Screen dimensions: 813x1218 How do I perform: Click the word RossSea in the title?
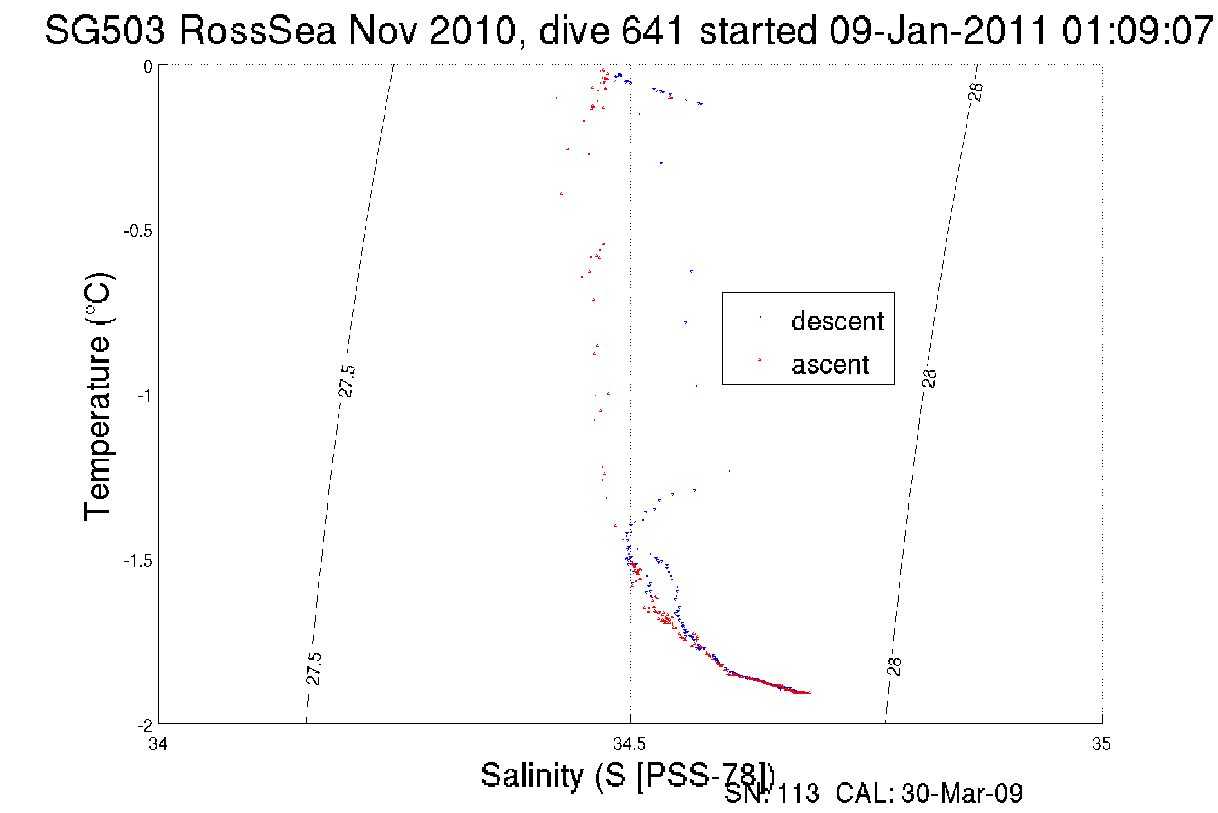[257, 30]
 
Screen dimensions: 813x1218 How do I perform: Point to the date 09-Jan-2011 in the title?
[938, 30]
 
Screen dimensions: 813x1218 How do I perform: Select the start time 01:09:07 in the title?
[1137, 30]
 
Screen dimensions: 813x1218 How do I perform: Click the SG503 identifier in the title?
[105, 30]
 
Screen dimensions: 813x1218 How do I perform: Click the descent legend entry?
[837, 321]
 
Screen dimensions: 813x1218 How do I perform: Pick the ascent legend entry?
[830, 365]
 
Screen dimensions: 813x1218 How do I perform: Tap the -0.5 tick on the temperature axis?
[138, 231]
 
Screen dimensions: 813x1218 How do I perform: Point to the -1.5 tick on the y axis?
[138, 560]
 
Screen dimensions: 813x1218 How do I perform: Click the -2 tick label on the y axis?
[145, 725]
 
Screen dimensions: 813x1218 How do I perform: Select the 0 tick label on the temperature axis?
[148, 67]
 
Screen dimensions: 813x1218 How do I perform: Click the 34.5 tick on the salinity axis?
[629, 744]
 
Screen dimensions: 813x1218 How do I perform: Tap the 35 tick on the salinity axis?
[1101, 744]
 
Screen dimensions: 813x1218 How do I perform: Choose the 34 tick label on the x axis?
[158, 744]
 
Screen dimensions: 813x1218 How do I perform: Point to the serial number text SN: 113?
[772, 794]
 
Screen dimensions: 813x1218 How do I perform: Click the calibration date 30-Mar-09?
[962, 794]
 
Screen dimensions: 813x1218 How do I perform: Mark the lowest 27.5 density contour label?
[313, 668]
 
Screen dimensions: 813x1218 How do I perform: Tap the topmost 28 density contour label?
[976, 92]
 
